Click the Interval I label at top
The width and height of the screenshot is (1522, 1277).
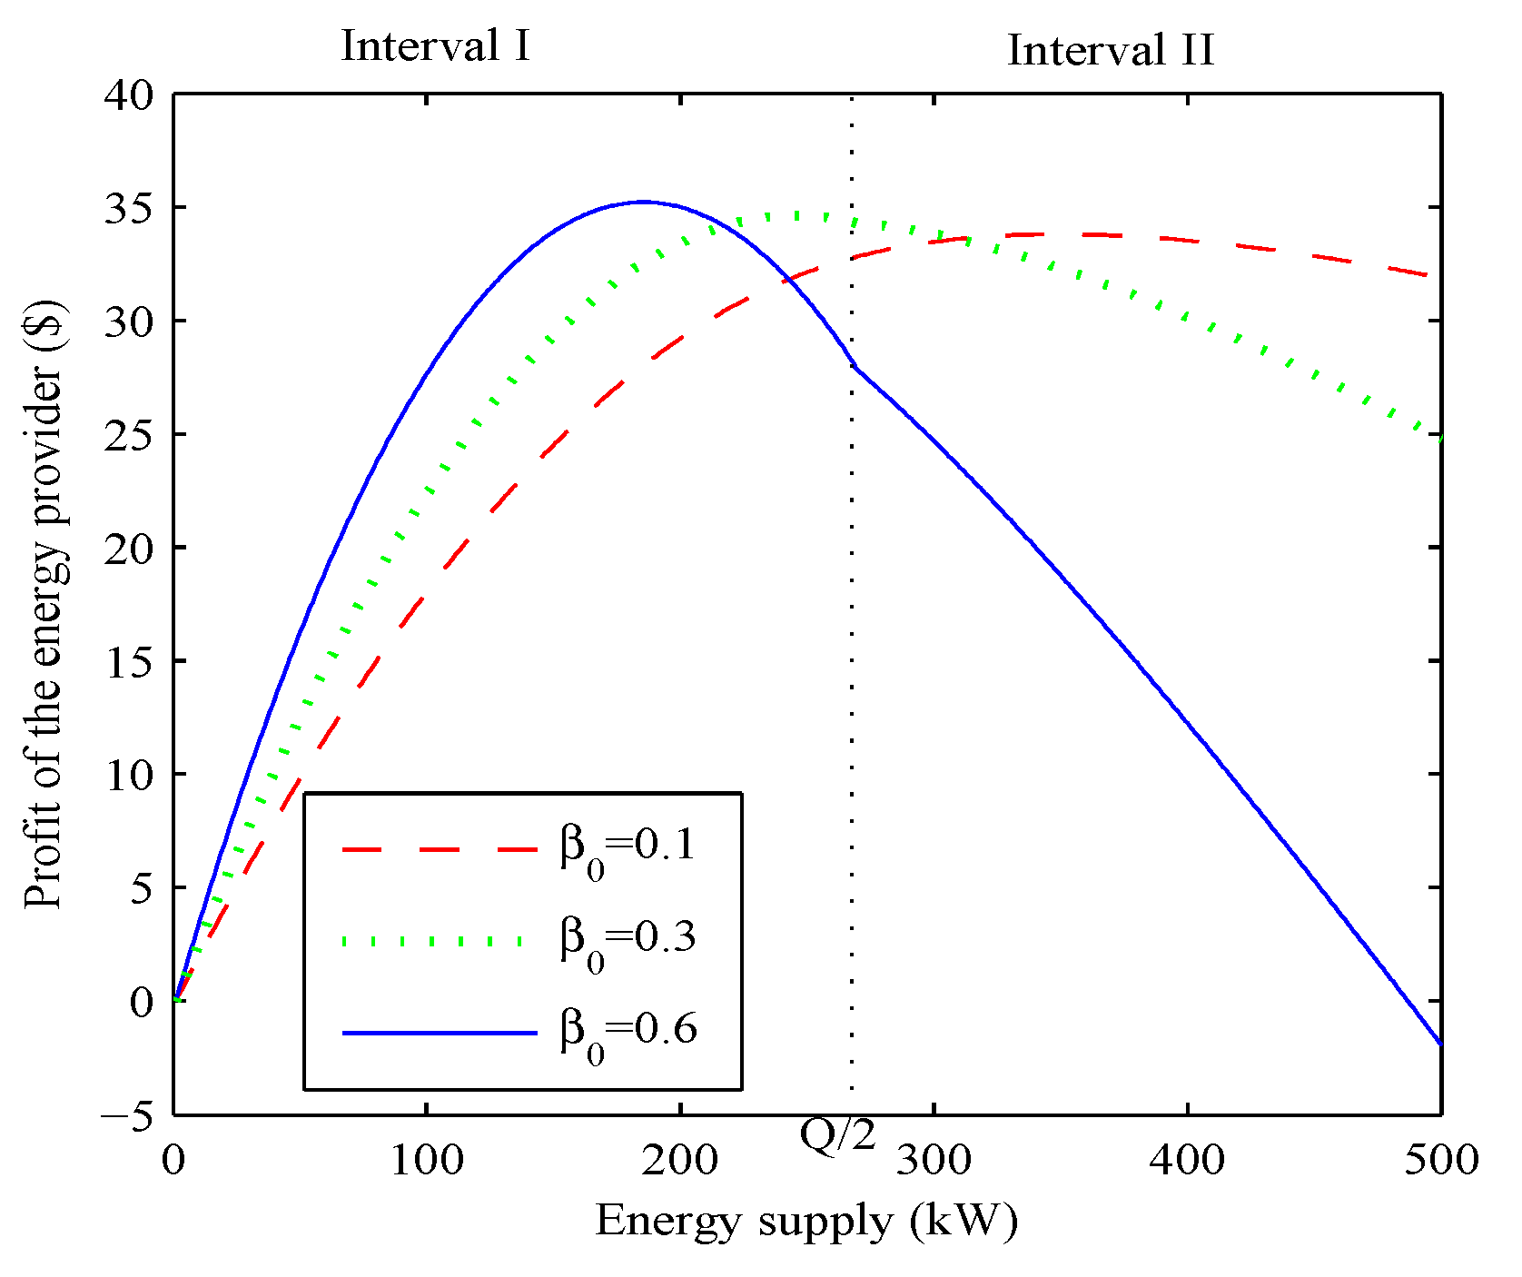pyautogui.click(x=435, y=45)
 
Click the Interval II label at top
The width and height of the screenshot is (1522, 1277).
pyautogui.click(x=1110, y=50)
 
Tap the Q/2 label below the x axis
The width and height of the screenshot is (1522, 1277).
pyautogui.click(x=838, y=1133)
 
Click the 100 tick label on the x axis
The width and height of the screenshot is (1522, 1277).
pyautogui.click(x=426, y=1160)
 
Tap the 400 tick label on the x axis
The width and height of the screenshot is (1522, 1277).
pyautogui.click(x=1188, y=1160)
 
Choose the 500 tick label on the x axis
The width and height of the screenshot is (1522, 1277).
pyautogui.click(x=1441, y=1160)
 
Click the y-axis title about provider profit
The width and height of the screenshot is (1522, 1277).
pyautogui.click(x=44, y=603)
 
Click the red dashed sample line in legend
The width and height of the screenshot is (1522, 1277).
pyautogui.click(x=440, y=849)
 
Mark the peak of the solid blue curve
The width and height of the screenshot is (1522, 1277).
pyautogui.click(x=643, y=202)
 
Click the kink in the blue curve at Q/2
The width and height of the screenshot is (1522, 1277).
pyautogui.click(x=854, y=366)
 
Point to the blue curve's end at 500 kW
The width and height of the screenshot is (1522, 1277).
pyautogui.click(x=1440, y=1044)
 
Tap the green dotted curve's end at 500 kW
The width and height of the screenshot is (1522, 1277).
pyautogui.click(x=1440, y=439)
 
